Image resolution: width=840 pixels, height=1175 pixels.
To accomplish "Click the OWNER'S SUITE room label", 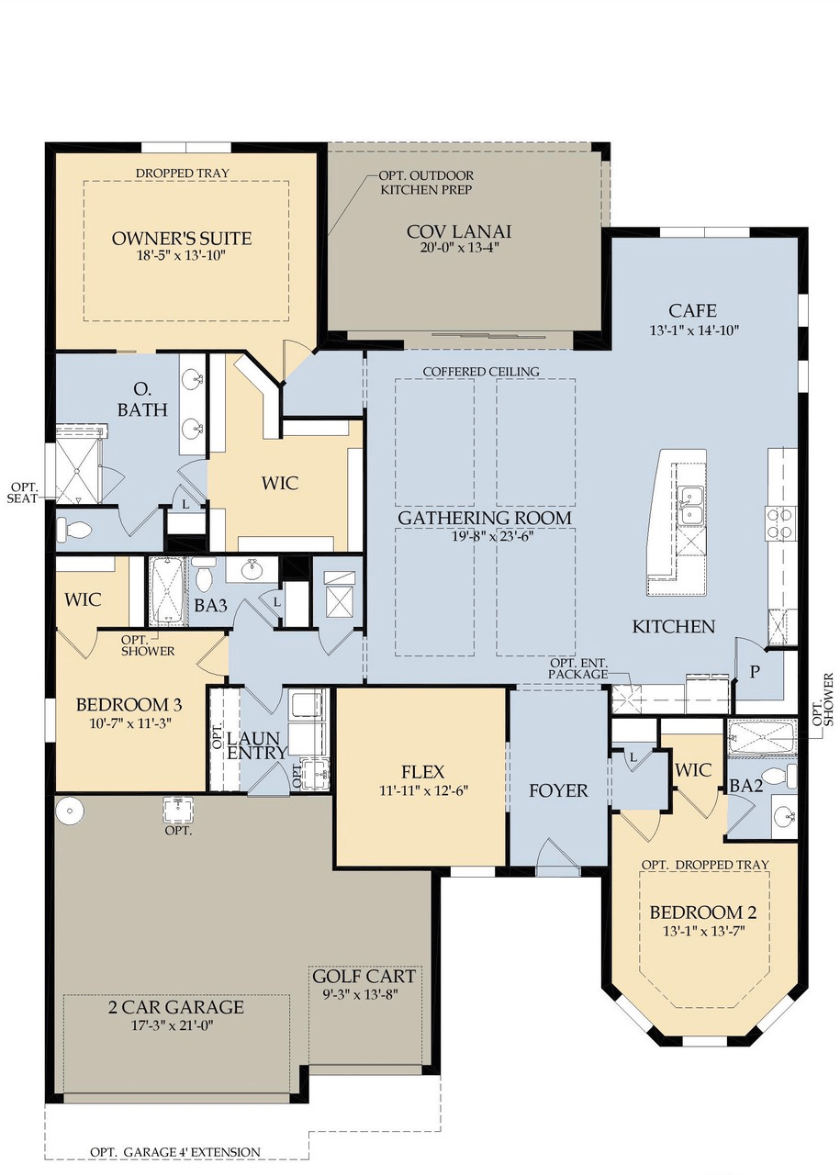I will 182,239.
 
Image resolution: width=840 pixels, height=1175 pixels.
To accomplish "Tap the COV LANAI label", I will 459,230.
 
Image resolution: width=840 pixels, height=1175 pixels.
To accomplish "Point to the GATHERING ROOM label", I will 485,518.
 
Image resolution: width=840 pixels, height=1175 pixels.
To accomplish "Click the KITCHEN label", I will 673,627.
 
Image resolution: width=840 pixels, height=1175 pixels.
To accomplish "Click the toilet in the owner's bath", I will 74,530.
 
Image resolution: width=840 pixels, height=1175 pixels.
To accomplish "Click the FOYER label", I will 558,789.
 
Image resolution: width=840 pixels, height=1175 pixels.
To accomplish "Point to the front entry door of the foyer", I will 558,858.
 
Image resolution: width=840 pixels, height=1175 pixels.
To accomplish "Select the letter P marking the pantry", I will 755,671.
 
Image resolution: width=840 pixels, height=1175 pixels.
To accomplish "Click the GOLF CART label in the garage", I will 364,976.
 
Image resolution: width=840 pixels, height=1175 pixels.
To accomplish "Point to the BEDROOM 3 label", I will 129,705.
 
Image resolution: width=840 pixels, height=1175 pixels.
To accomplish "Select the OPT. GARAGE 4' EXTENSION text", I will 174,1151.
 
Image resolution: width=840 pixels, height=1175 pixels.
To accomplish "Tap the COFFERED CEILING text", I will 481,371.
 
